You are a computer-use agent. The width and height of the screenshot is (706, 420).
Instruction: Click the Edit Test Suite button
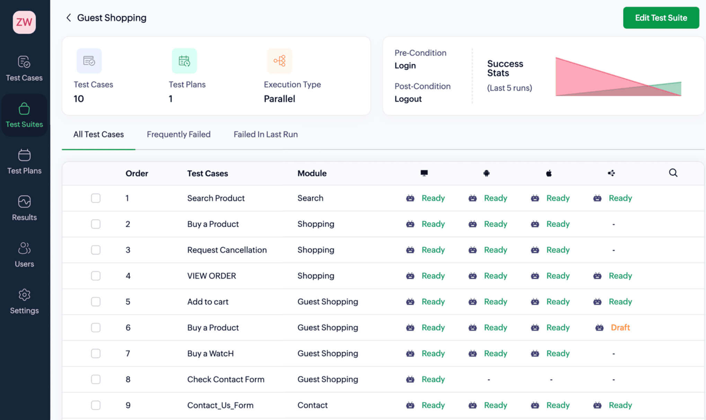pos(661,18)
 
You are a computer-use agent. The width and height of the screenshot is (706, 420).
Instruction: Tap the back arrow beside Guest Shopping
pos(69,18)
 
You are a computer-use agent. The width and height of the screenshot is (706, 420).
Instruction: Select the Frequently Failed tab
pos(178,134)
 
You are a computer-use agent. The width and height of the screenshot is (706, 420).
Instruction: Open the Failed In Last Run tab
pos(265,134)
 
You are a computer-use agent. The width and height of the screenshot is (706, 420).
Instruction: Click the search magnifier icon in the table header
pos(673,173)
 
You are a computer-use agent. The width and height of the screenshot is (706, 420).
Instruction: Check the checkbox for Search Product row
pos(96,198)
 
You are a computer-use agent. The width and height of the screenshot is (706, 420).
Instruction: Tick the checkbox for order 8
pos(96,379)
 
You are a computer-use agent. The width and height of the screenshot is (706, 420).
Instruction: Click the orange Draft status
pos(620,327)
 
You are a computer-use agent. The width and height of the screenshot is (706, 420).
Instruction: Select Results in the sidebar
pos(24,208)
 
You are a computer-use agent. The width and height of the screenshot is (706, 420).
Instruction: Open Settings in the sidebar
pos(24,301)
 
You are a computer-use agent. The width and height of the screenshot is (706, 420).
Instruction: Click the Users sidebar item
pos(24,255)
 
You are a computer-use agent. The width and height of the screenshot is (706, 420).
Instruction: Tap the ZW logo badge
pos(24,22)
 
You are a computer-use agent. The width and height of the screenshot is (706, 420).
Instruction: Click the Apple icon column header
pos(549,173)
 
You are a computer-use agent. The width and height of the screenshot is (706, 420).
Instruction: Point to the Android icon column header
pos(486,173)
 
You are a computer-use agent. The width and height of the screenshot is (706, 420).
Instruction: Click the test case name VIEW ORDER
pos(211,276)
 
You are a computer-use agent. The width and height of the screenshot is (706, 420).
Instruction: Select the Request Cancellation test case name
pos(227,250)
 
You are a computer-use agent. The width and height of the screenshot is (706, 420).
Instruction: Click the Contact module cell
pos(312,405)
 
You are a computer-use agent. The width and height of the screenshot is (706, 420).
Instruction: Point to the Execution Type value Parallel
pos(279,99)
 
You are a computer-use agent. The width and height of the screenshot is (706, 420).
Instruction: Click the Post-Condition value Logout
pos(408,99)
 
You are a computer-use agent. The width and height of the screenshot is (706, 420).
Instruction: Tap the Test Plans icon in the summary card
pos(184,61)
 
